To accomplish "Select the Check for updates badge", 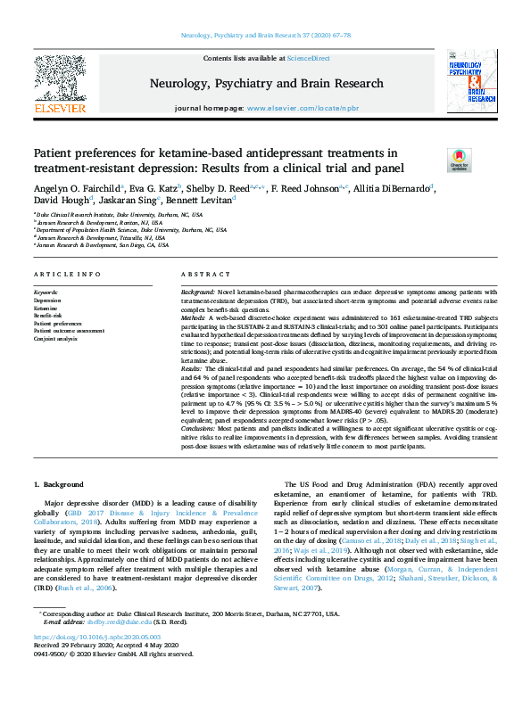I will [459, 159].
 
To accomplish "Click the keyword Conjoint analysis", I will [56, 339].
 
